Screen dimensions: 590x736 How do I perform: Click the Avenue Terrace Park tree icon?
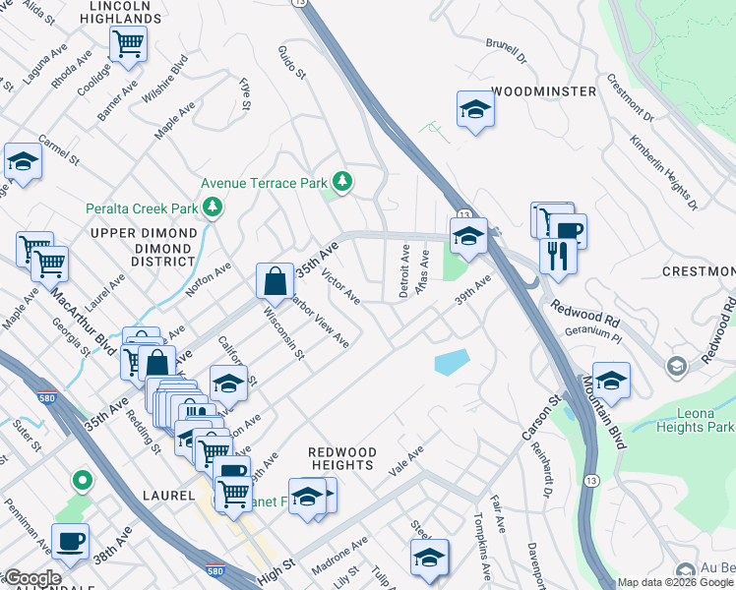tap(342, 181)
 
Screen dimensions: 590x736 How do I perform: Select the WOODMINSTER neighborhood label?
tap(543, 91)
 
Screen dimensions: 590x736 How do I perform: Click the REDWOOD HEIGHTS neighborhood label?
tap(342, 457)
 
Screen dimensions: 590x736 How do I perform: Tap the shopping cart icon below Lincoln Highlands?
tap(128, 44)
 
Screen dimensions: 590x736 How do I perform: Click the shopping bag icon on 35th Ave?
tap(275, 280)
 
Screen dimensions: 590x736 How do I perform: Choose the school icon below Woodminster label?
tap(475, 110)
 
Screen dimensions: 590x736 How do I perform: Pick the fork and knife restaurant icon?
tap(558, 256)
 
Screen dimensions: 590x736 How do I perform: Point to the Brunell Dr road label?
tap(507, 50)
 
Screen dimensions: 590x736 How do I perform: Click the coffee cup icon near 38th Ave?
tap(70, 542)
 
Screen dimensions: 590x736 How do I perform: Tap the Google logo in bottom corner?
tap(31, 578)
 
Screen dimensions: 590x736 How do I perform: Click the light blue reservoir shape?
tap(451, 362)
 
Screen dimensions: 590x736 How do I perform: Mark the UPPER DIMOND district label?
tap(144, 247)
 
